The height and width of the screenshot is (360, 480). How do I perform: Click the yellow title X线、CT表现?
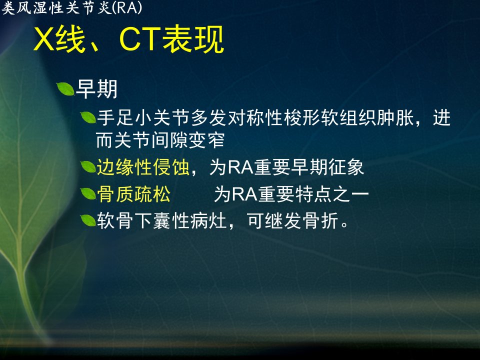[129, 39]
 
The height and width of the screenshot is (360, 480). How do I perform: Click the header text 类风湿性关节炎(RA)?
[72, 7]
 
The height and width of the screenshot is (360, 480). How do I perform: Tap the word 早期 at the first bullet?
[96, 89]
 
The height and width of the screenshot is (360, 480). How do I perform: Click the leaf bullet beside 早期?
[65, 89]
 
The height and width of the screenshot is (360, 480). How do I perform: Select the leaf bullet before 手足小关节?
[88, 117]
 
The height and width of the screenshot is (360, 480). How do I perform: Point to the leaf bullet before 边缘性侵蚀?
[88, 167]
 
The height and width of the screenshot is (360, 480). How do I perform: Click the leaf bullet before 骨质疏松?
[88, 193]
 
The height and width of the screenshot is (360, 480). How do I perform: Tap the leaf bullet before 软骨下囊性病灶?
[88, 220]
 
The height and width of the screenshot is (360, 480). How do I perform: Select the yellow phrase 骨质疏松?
[134, 194]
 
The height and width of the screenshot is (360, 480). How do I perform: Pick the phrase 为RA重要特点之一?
[291, 194]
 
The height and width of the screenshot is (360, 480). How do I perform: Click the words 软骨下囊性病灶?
[161, 220]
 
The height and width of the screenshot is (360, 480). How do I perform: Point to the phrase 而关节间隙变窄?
[160, 140]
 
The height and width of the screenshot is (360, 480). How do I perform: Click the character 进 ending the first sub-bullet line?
[441, 118]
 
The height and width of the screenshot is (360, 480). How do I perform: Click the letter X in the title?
[44, 39]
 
